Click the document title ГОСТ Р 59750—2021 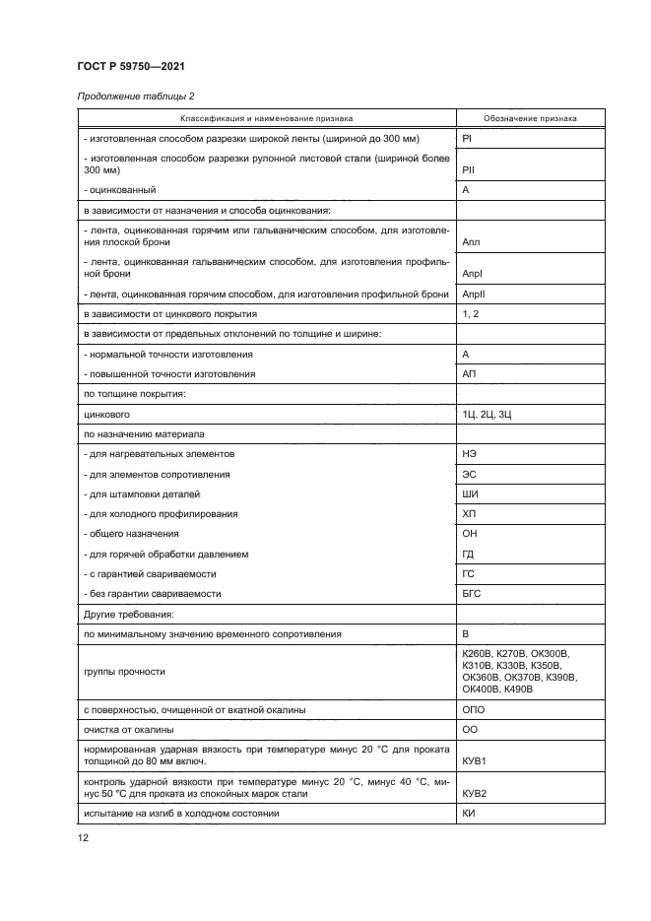pyautogui.click(x=131, y=66)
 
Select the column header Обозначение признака pyautogui.click(x=517, y=118)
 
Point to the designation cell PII pyautogui.click(x=469, y=169)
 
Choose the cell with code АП pyautogui.click(x=469, y=374)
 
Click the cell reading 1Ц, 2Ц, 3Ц pyautogui.click(x=487, y=414)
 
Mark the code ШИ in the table pyautogui.click(x=470, y=493)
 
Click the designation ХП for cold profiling pyautogui.click(x=469, y=513)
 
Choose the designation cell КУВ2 pyautogui.click(x=475, y=793)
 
